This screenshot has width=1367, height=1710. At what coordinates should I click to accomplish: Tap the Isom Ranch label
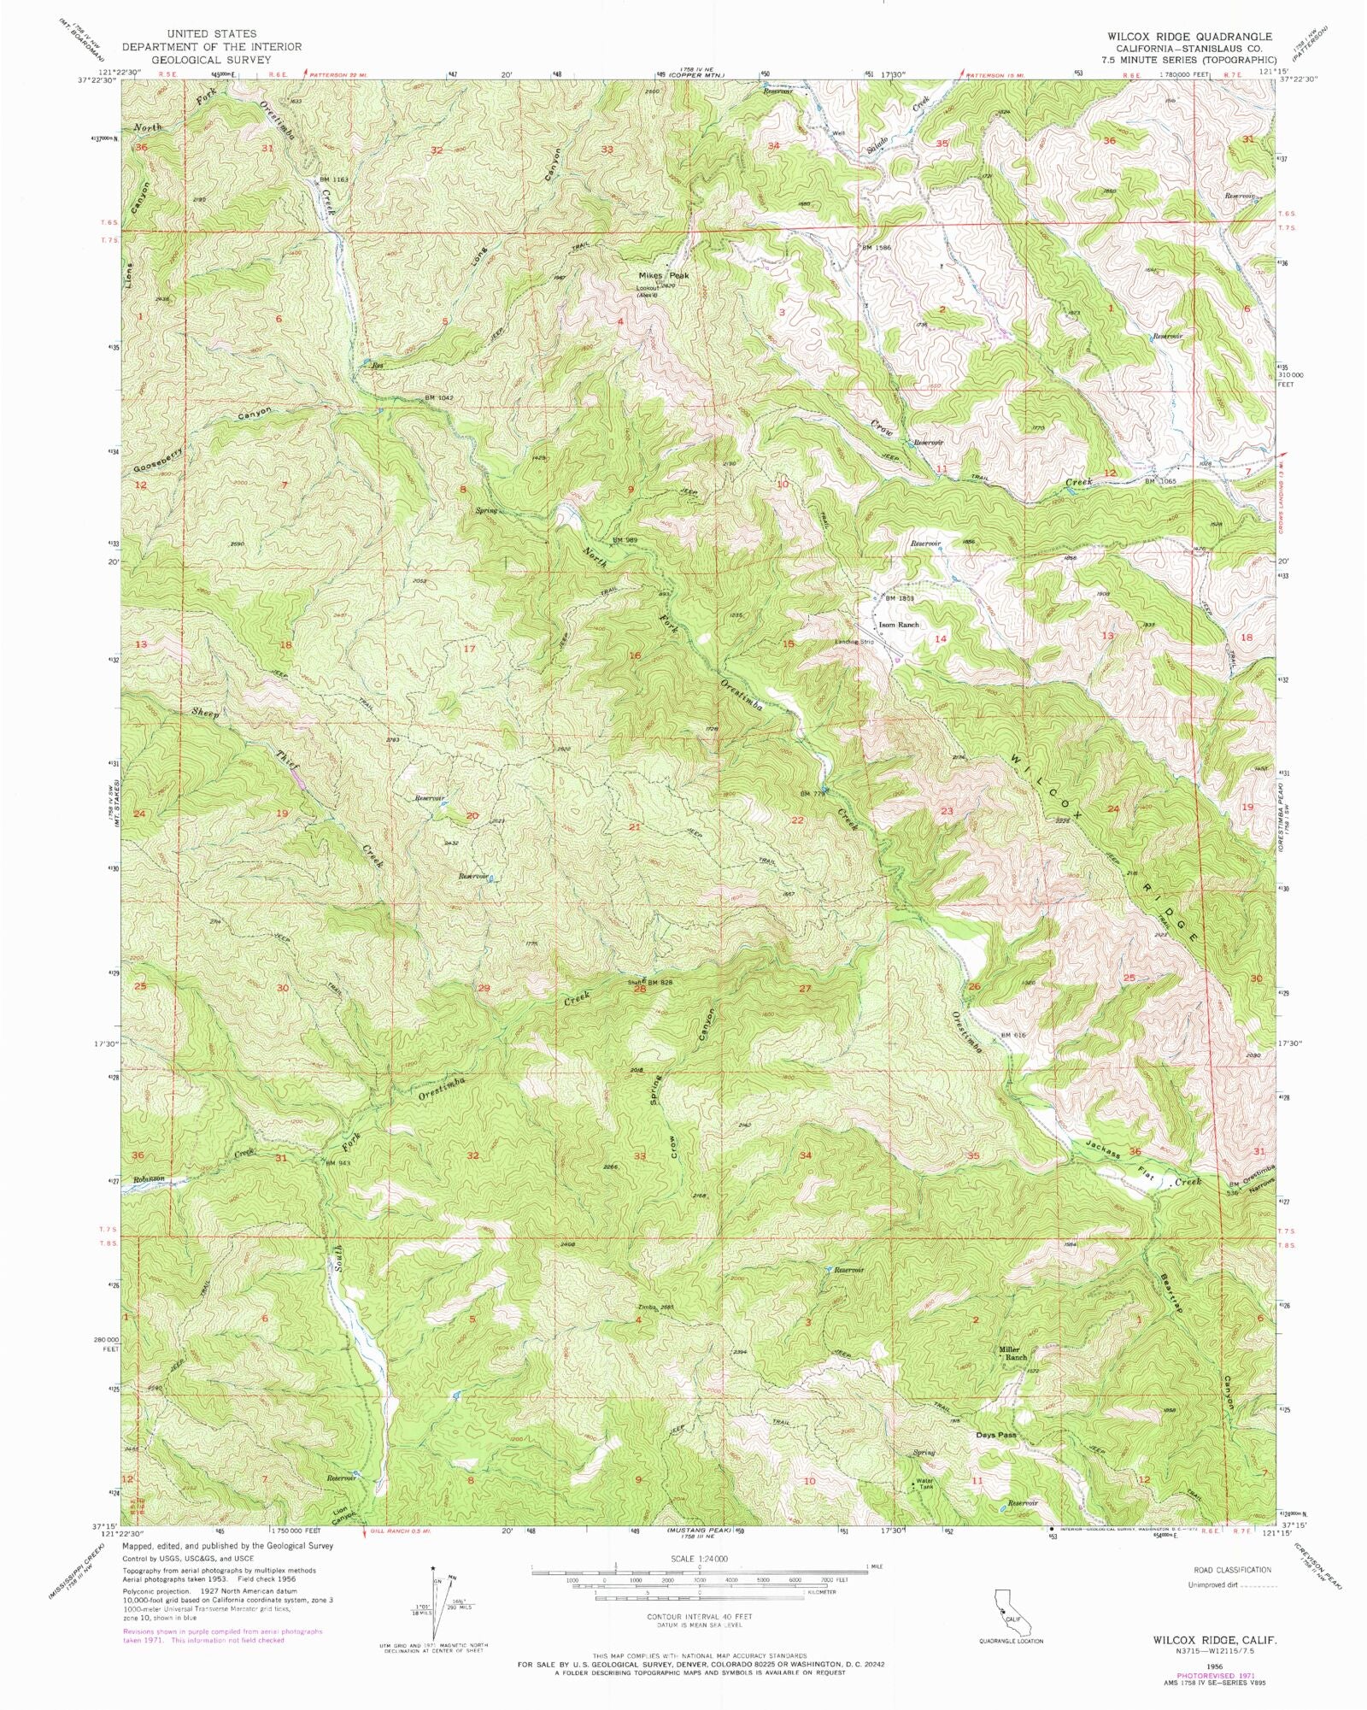901,625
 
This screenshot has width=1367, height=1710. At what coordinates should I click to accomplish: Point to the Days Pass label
996,1435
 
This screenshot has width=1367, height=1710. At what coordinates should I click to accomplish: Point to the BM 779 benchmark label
813,794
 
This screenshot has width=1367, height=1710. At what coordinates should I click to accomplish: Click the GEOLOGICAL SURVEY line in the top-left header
211,61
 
